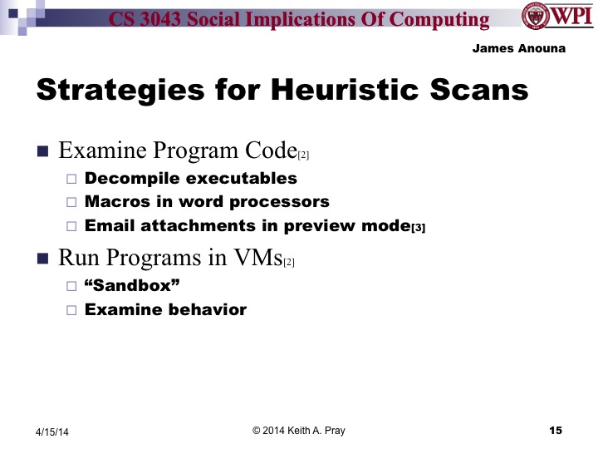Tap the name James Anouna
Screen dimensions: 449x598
tap(519, 48)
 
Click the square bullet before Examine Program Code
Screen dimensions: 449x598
tap(43, 152)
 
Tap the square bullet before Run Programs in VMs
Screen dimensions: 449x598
tap(43, 259)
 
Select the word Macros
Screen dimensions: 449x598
tap(115, 202)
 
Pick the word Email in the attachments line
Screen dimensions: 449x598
tap(108, 225)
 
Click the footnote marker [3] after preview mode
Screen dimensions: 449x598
tap(419, 228)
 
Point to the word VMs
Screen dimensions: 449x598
tap(257, 258)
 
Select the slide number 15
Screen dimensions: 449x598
tap(556, 430)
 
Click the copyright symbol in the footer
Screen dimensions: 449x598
tap(257, 430)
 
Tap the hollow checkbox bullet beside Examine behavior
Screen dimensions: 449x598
tap(71, 310)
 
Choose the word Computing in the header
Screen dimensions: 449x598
tap(444, 20)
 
